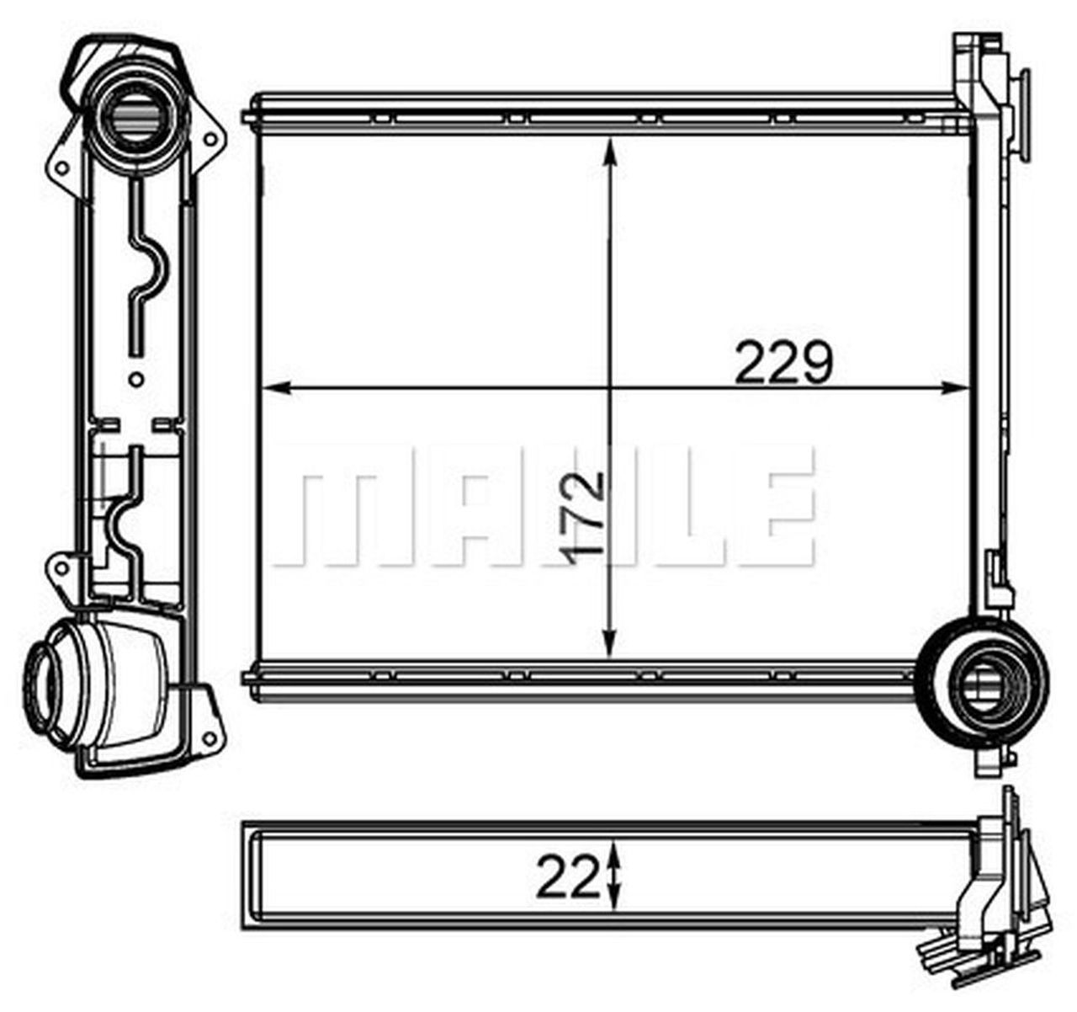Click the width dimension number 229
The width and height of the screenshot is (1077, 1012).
click(783, 363)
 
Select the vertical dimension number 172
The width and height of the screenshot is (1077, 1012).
click(583, 513)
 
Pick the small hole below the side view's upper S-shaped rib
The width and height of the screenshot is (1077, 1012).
click(135, 380)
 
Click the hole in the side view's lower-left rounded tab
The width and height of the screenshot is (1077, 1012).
click(61, 568)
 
